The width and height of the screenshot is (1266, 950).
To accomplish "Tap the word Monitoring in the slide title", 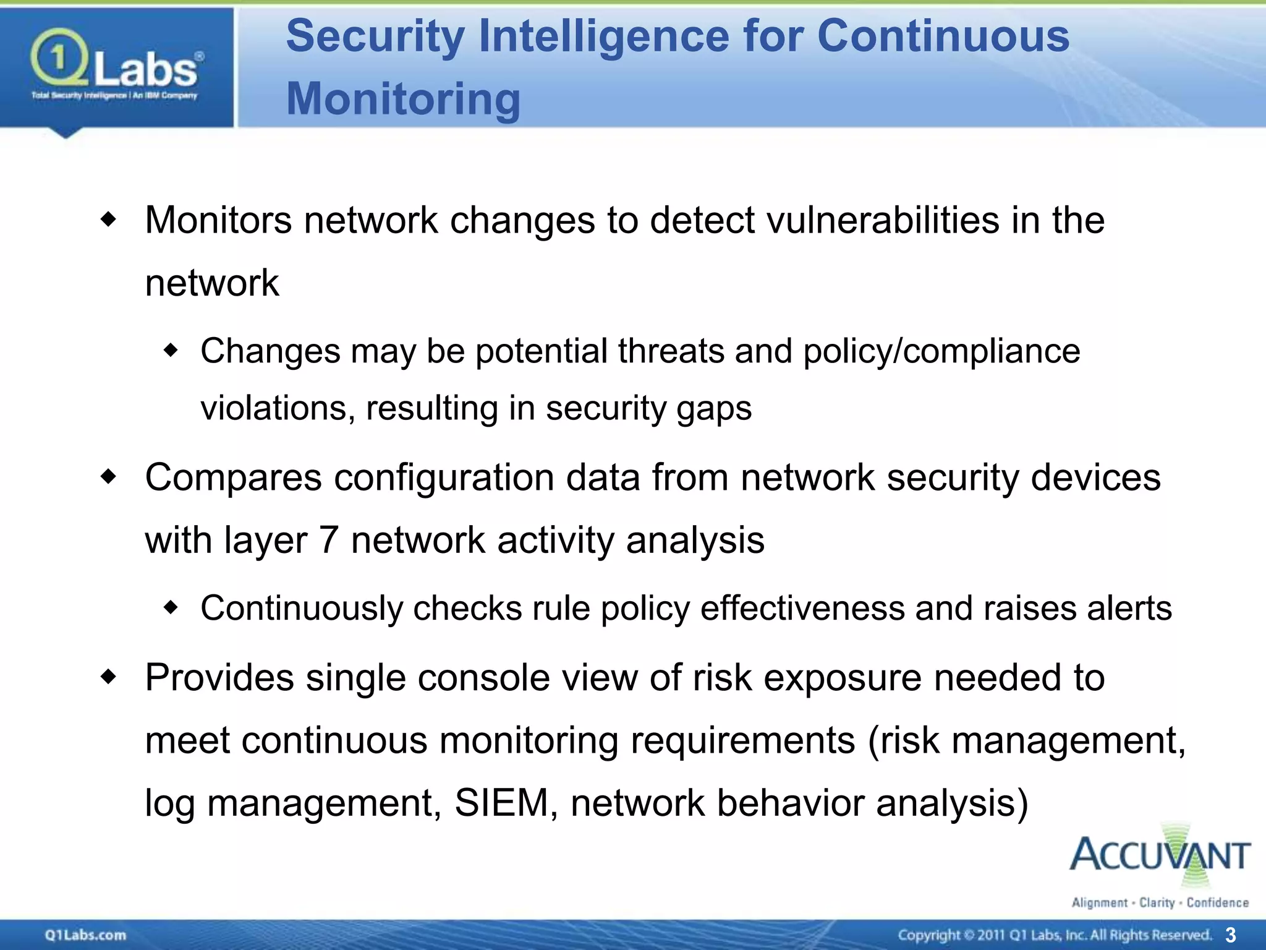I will click(403, 99).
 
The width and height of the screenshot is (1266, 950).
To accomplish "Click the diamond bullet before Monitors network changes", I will click(108, 220).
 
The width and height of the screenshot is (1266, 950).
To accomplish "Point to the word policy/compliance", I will click(941, 351).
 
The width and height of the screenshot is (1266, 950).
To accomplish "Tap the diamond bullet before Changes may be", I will click(171, 351).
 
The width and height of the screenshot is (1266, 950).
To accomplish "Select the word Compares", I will click(233, 478).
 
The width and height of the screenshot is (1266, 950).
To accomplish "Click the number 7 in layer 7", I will click(329, 540).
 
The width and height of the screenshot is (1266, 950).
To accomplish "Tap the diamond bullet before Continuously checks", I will click(171, 608).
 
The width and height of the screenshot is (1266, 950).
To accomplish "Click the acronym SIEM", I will click(501, 803).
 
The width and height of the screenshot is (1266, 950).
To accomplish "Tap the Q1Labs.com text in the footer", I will click(85, 935).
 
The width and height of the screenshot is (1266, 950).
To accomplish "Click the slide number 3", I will click(1230, 935).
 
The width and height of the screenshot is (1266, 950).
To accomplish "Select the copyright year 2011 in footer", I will click(991, 935).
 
